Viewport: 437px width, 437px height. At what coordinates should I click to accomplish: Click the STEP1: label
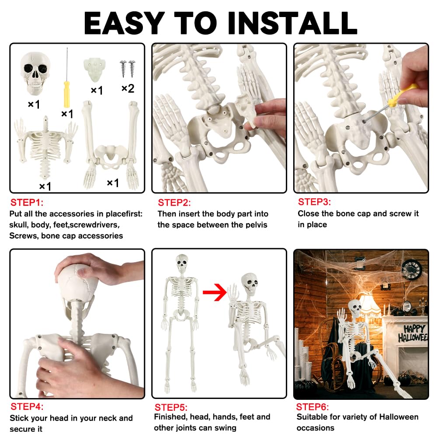pos(27,203)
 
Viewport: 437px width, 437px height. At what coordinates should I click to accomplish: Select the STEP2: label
pos(174,203)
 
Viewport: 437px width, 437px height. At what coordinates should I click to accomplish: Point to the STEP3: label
pos(314,202)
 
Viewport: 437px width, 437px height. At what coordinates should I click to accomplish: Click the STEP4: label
pos(27,406)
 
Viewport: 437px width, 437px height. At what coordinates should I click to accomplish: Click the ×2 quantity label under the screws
pos(128,89)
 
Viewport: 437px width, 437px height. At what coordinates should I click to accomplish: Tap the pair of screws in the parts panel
pos(127,69)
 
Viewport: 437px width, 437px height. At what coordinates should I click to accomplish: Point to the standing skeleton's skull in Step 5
pos(181,263)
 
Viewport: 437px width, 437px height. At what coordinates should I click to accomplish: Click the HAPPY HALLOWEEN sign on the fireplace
pos(412,333)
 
